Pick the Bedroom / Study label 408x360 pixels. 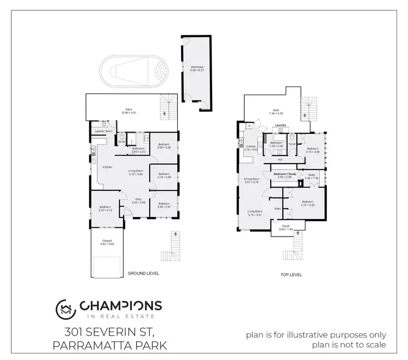coord(285,174)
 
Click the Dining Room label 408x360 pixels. coord(251,179)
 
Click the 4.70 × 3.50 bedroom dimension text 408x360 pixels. coord(308,205)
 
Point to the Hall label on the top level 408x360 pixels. coord(280,160)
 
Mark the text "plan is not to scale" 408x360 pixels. coord(349,345)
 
